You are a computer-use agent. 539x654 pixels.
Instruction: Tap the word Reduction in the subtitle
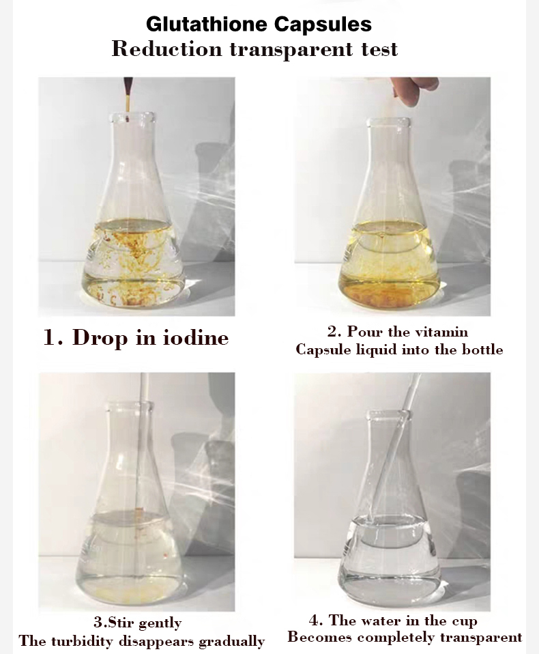click(x=166, y=49)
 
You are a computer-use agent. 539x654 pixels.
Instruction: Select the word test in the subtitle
click(x=373, y=50)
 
